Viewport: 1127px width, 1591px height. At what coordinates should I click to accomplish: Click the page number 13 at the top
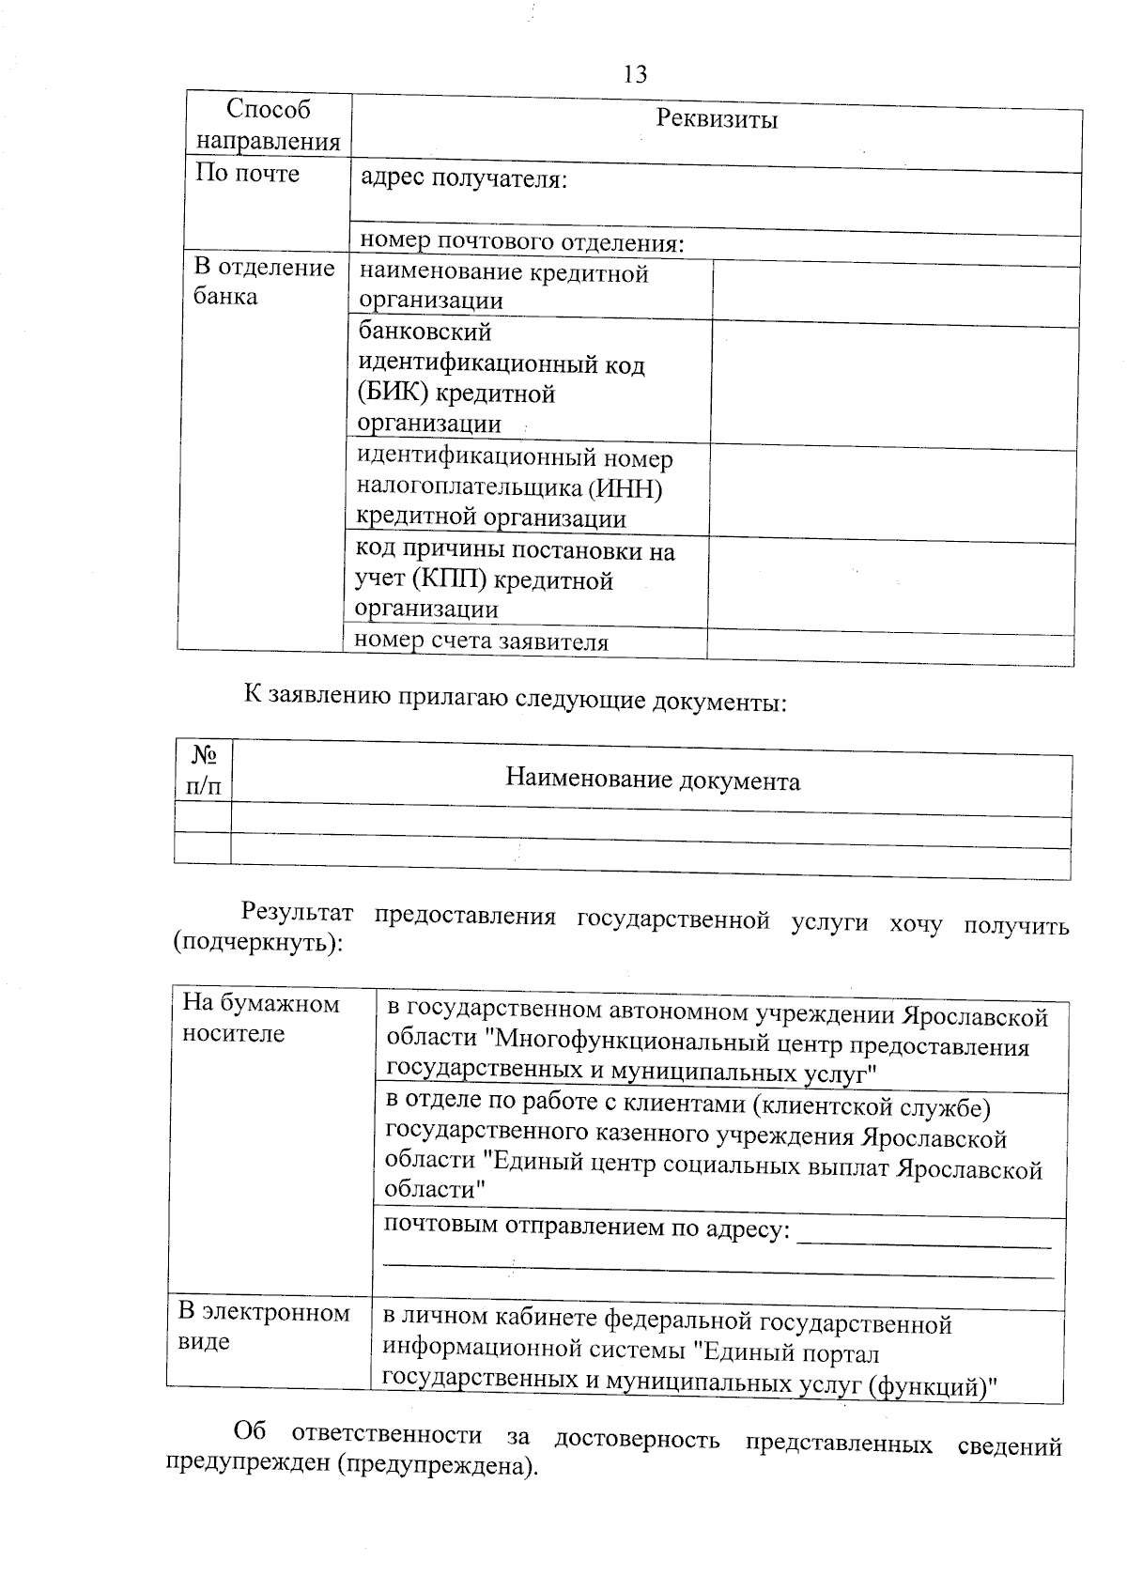click(635, 74)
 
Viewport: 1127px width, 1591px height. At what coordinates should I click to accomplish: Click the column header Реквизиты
click(717, 119)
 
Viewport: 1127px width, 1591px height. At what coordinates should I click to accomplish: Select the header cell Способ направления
click(268, 125)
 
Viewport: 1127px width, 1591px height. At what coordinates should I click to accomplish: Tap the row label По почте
click(247, 174)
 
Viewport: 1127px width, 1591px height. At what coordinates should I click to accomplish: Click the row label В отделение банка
click(264, 282)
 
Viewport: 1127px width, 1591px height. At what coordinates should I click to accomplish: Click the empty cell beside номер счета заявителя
click(889, 646)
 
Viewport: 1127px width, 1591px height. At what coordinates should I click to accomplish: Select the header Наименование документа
click(653, 780)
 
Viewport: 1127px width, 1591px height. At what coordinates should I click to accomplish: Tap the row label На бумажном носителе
click(260, 1018)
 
